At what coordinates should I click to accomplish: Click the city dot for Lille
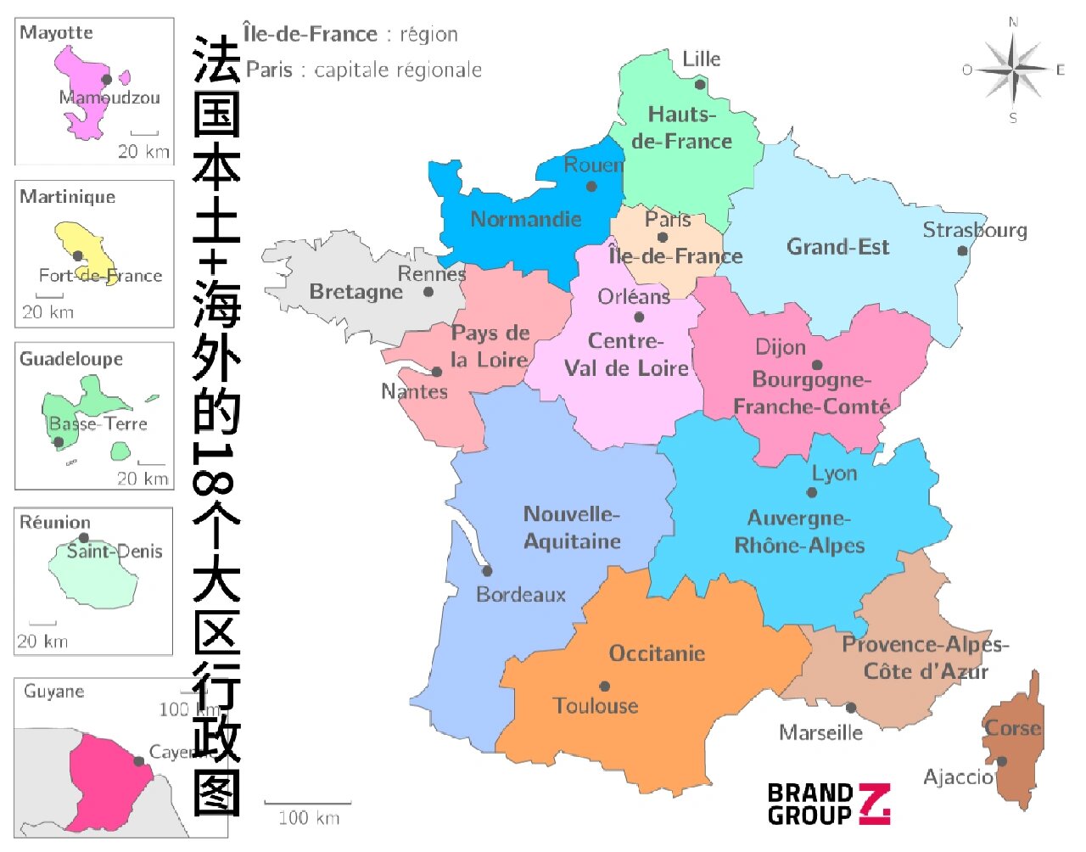700,84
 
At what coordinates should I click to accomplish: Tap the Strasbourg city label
974,230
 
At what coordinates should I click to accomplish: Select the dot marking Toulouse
605,687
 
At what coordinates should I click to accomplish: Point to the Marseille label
820,732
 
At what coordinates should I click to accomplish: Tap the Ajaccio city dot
1001,761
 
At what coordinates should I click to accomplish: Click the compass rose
1014,70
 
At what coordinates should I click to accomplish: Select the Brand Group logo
828,804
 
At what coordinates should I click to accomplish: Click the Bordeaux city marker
487,571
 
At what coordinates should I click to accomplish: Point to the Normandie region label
526,219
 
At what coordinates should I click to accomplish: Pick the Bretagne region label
355,291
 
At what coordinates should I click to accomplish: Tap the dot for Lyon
812,492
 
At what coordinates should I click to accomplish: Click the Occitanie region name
657,653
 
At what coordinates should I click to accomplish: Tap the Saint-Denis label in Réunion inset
115,552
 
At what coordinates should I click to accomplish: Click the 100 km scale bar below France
308,803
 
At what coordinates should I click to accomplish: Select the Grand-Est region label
837,247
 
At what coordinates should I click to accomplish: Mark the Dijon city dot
817,365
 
